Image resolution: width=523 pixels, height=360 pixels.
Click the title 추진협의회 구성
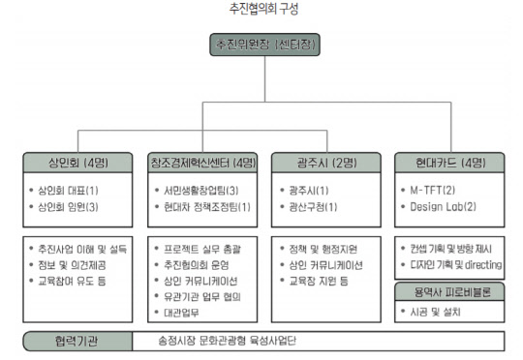(x=262, y=10)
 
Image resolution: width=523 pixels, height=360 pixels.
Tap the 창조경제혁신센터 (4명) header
(x=203, y=161)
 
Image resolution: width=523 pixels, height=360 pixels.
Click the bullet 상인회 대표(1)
(x=72, y=190)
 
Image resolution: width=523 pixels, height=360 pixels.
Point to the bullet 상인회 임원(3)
(x=72, y=206)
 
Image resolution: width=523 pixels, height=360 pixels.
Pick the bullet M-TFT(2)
(x=435, y=190)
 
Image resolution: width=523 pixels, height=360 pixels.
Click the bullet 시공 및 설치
(x=435, y=312)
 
